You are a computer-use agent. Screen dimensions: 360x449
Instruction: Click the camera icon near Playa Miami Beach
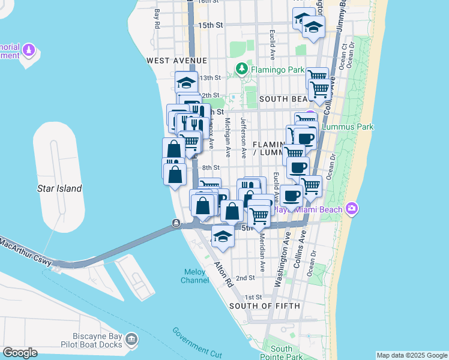tap(351, 209)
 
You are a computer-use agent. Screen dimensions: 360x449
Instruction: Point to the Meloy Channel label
tap(195, 276)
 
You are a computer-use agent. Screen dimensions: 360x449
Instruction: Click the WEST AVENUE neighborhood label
tap(176, 61)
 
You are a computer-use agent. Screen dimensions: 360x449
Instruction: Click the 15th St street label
tap(211, 25)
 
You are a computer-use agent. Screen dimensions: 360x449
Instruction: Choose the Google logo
tap(20, 353)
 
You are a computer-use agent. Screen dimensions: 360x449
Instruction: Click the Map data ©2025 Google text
tap(411, 355)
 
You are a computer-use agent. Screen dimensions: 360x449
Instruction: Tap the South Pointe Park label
tap(282, 352)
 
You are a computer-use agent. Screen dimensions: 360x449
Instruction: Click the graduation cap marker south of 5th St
tap(223, 237)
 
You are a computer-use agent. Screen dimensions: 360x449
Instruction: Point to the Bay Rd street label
tap(157, 19)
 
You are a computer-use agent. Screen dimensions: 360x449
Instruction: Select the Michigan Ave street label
tap(228, 134)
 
